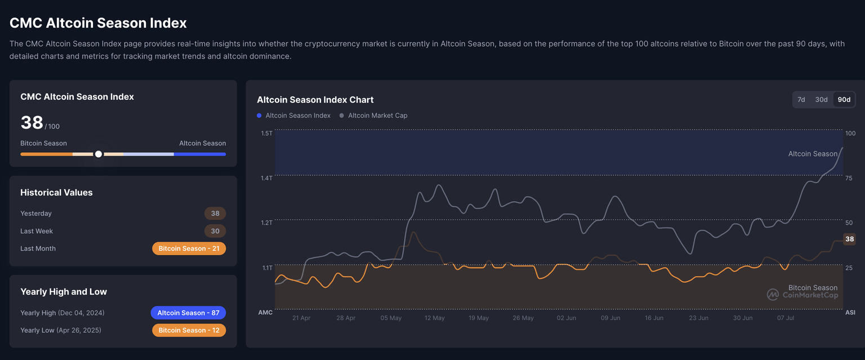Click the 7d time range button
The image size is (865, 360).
tap(801, 100)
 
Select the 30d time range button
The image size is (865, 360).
tap(822, 100)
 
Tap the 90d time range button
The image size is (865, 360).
tap(844, 100)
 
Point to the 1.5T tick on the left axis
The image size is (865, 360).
tap(266, 134)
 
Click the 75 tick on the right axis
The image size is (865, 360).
tap(849, 178)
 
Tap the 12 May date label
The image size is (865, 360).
tap(435, 318)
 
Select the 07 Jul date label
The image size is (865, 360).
tap(786, 318)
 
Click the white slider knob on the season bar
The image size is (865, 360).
tap(99, 154)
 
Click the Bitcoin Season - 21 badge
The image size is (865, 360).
tap(189, 248)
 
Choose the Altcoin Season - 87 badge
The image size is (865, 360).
tap(188, 313)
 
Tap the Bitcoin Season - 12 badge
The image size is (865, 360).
tap(189, 330)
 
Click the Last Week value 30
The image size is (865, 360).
tap(215, 231)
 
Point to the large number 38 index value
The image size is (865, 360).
tap(32, 122)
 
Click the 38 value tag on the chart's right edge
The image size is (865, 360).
tap(849, 239)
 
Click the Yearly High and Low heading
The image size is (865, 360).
tap(64, 292)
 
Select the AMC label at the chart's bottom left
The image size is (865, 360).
tap(265, 312)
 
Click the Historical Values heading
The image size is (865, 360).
tap(56, 193)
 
